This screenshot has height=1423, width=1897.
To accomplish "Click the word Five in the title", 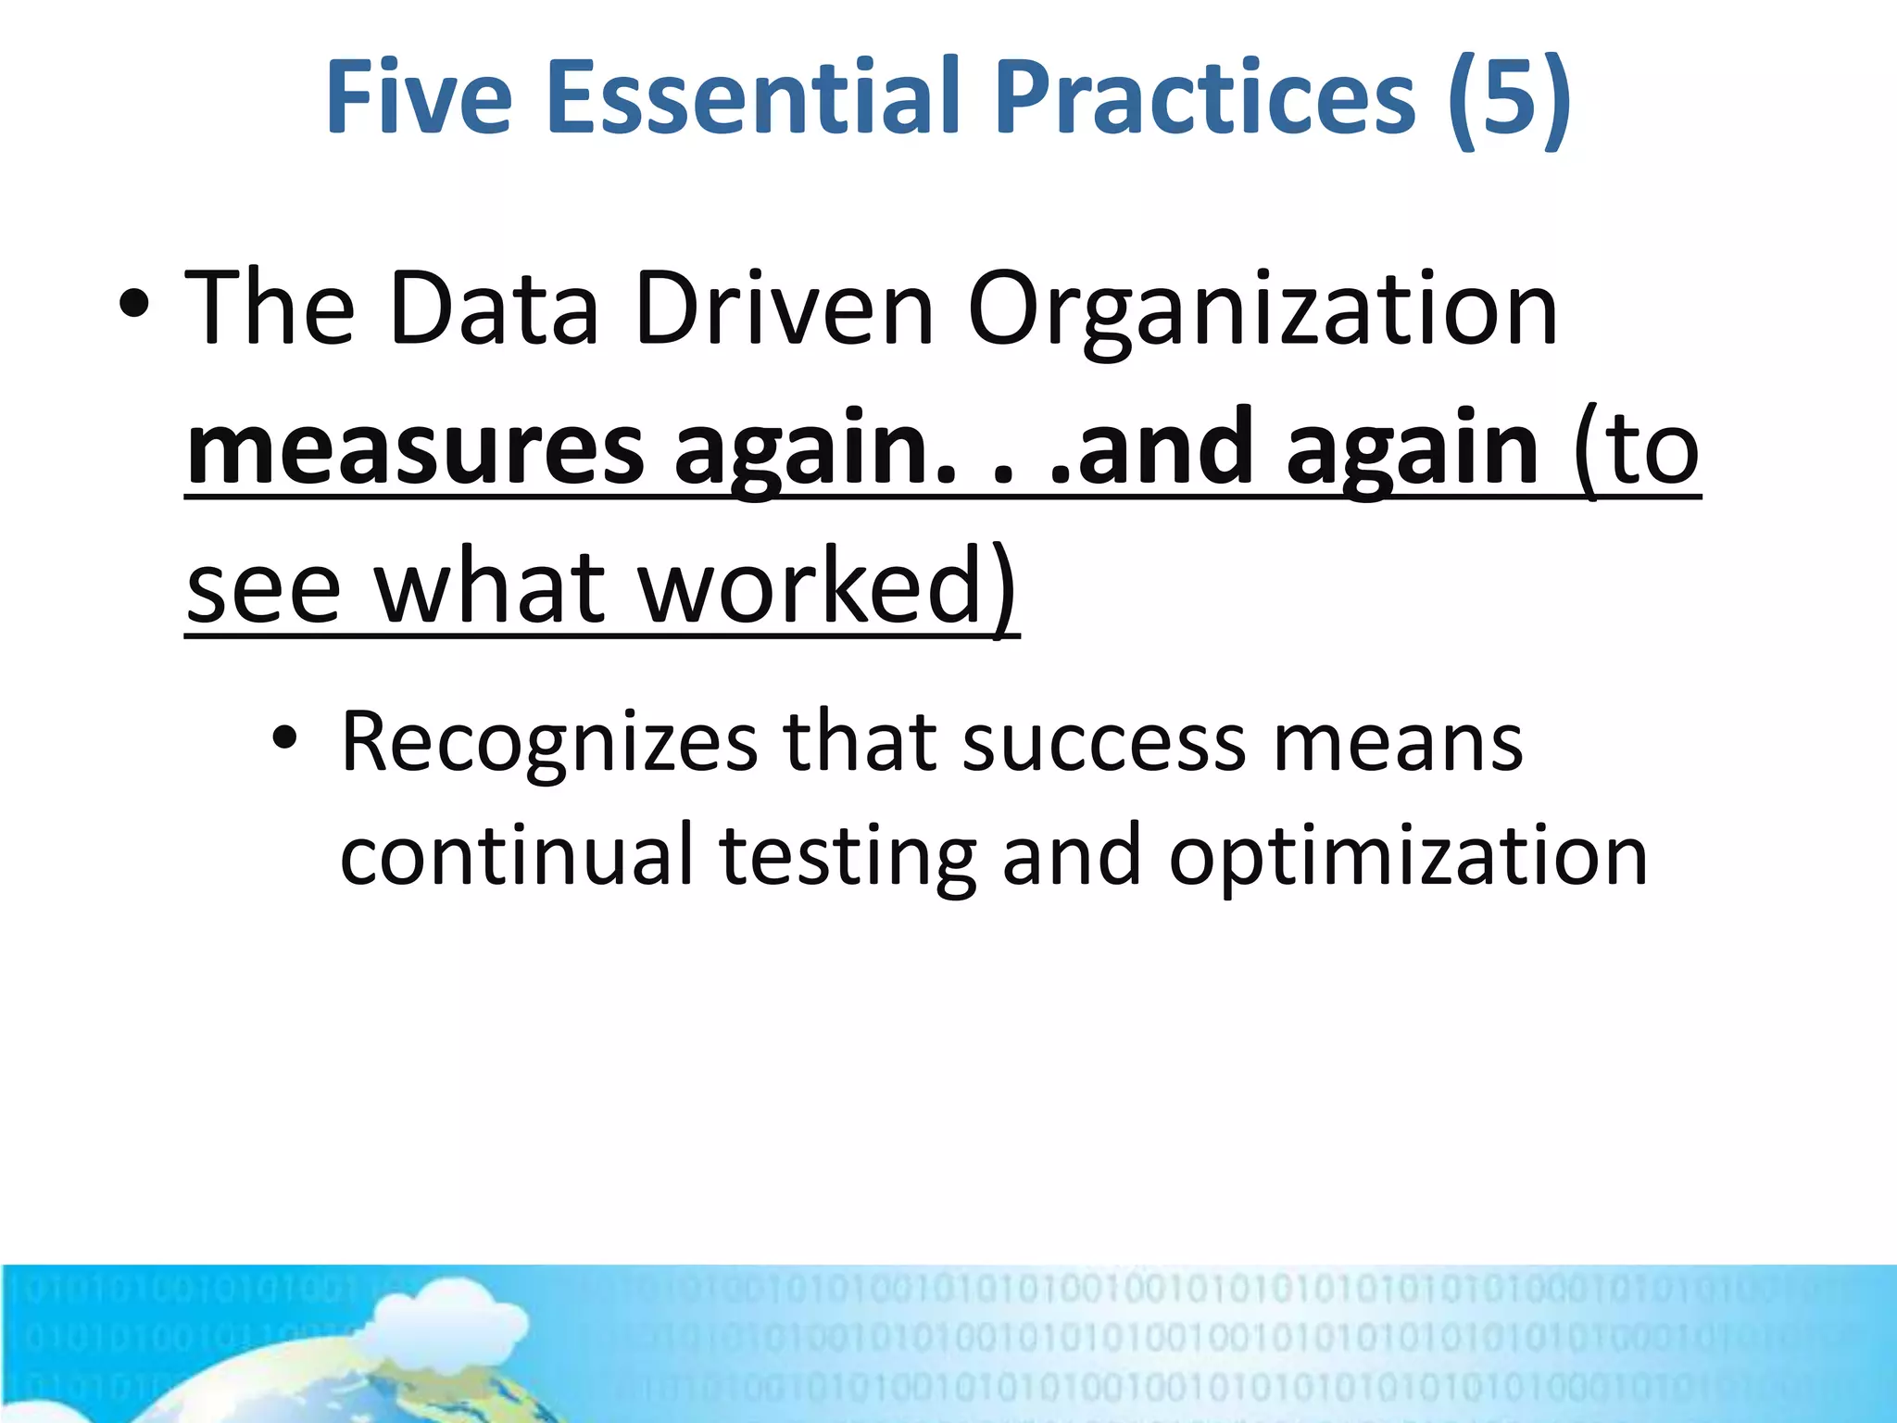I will (x=419, y=97).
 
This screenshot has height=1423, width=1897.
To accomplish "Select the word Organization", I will (x=1263, y=310).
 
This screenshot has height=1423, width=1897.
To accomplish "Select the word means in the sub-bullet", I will (x=1398, y=743).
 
